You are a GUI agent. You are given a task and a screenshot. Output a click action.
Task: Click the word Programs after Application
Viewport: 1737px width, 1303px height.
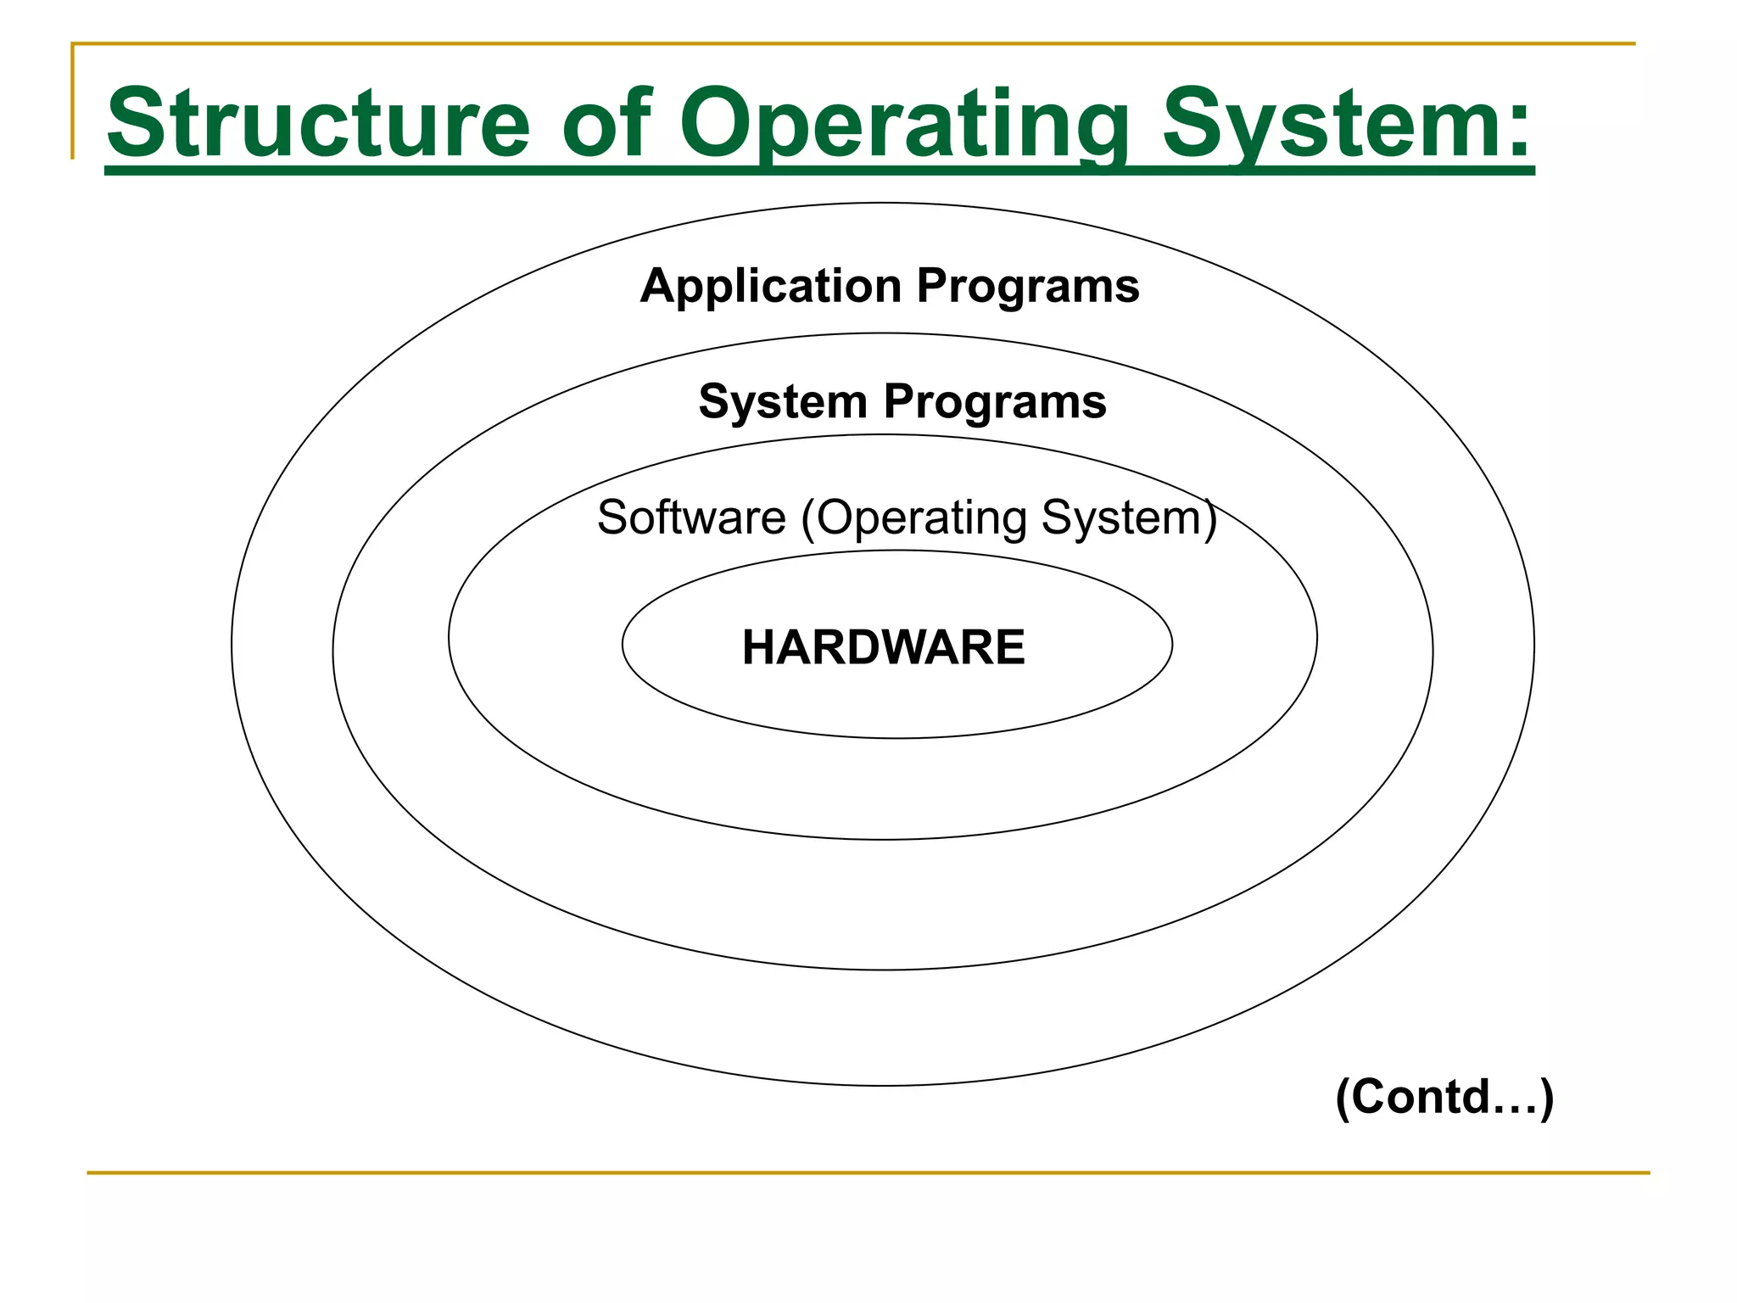click(1028, 287)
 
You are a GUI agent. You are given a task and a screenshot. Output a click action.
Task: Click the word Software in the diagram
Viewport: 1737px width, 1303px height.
click(691, 517)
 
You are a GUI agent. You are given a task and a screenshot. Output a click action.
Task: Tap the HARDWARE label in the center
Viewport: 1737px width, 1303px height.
click(883, 648)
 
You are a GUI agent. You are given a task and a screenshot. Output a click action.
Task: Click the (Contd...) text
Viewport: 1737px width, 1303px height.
click(1444, 1097)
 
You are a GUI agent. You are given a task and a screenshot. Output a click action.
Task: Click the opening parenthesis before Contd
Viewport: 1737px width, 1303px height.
click(1343, 1098)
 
